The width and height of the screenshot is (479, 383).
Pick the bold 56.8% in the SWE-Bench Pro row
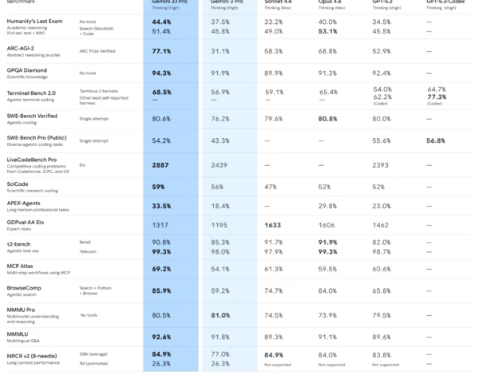(436, 140)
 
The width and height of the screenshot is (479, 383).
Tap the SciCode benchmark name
(18, 183)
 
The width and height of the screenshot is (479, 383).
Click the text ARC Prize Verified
(98, 51)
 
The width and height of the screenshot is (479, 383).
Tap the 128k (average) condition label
(95, 353)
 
